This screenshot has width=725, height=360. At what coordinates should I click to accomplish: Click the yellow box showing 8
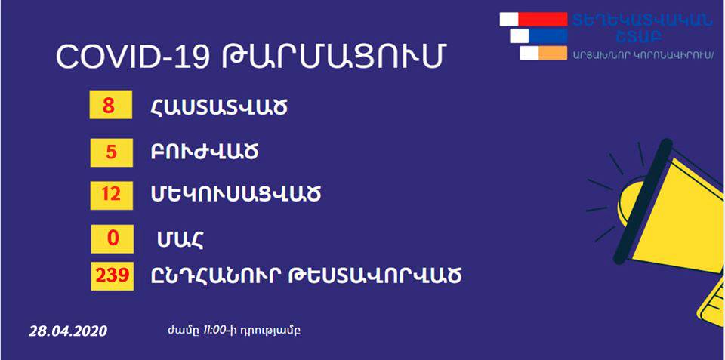[111, 105]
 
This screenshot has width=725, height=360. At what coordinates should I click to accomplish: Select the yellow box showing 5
[112, 152]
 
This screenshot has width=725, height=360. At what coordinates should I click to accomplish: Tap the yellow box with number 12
[112, 195]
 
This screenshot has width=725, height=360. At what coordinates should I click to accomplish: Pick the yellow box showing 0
[113, 238]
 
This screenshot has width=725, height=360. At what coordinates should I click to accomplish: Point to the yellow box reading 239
[113, 276]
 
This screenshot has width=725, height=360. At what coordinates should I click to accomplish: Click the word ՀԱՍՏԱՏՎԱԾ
[219, 108]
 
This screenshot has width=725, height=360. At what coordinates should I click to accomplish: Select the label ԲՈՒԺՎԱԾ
[205, 152]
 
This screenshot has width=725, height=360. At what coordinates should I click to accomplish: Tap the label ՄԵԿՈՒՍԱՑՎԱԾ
[236, 195]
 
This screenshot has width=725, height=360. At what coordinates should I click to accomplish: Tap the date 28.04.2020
[68, 331]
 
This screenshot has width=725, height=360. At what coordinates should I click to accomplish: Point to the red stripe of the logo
[543, 19]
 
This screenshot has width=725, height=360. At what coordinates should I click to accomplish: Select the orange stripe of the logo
[553, 53]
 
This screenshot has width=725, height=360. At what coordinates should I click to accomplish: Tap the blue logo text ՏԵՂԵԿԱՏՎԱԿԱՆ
[643, 20]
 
